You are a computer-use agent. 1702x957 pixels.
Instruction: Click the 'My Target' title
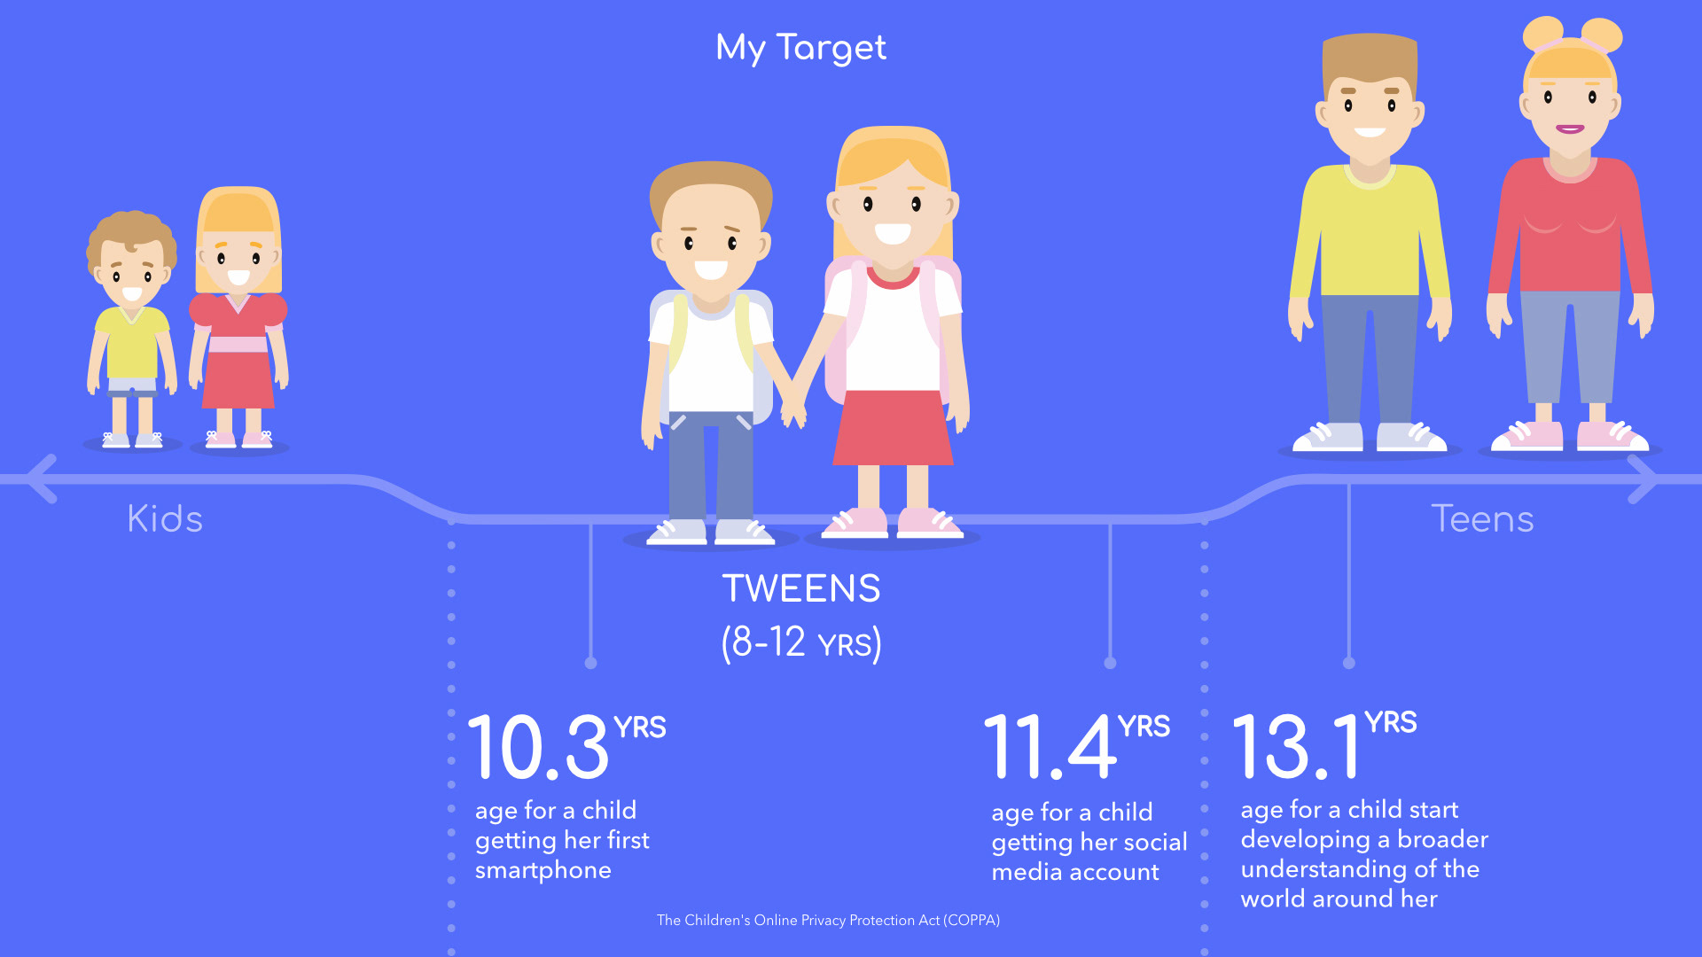(800, 48)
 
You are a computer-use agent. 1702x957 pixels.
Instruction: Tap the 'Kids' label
(165, 518)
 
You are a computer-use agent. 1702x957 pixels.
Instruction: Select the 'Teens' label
(1482, 518)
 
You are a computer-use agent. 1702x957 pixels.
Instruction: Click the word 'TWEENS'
(801, 588)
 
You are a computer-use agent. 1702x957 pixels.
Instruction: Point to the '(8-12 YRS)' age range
(801, 642)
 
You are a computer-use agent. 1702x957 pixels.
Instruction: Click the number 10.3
(538, 747)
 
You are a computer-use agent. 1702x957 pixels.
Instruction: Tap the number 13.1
(1296, 747)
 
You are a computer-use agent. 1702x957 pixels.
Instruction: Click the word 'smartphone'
(543, 870)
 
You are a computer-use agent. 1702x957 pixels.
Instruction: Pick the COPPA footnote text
(828, 920)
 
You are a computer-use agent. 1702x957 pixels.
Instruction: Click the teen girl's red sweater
(1570, 226)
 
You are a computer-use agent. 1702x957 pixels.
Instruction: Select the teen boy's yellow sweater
(1370, 230)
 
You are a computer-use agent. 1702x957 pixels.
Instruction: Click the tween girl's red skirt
(893, 427)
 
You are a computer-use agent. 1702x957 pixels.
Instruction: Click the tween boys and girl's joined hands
(793, 410)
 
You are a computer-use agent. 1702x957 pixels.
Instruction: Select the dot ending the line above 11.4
(1110, 663)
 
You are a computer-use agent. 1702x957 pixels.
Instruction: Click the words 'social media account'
(1089, 857)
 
